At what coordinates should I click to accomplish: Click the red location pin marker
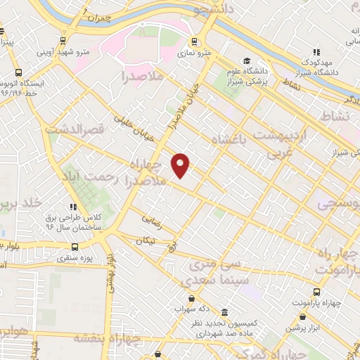[x=181, y=165]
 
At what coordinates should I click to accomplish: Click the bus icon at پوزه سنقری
[x=75, y=247]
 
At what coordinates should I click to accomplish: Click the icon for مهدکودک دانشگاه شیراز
[x=317, y=51]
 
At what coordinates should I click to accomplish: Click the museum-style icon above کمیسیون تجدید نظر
[x=224, y=311]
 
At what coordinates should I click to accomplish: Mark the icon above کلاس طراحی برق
[x=73, y=207]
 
